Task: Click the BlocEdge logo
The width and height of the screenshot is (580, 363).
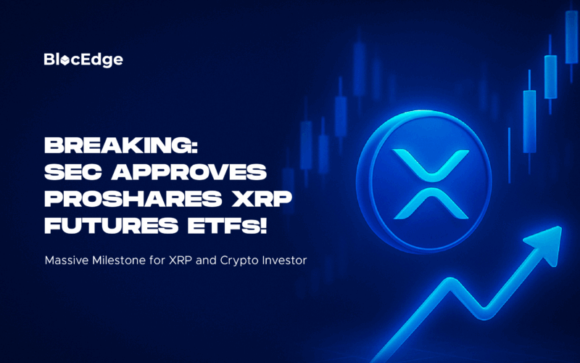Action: [83, 60]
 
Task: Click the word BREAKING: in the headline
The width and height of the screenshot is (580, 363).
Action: [121, 145]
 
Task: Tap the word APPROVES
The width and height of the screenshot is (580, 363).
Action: [189, 172]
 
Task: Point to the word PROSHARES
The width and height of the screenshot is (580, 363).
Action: [133, 198]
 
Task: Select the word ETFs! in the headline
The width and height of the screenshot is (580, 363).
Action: [227, 225]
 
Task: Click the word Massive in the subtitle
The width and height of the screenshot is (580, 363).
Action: [67, 261]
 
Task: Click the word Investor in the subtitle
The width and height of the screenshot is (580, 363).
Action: [284, 261]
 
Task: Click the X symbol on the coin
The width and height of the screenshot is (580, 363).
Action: [431, 184]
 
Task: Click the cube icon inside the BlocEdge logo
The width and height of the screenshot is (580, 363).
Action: [65, 60]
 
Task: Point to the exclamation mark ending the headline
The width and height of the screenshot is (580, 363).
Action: [263, 225]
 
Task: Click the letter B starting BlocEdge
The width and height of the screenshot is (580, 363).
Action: [49, 60]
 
